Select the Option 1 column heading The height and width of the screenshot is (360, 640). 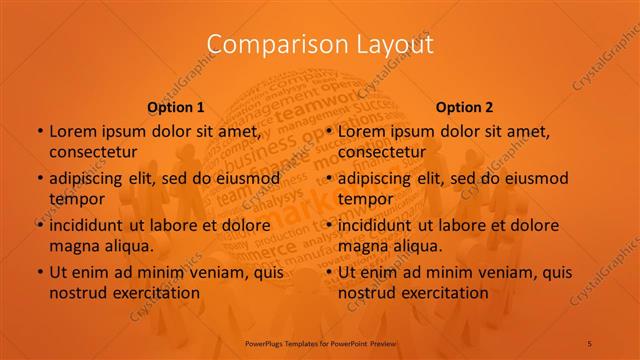click(x=176, y=107)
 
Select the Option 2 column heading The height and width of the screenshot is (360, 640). click(x=465, y=107)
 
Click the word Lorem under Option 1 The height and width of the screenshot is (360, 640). click(x=71, y=131)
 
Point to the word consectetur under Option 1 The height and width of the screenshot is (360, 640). click(x=93, y=152)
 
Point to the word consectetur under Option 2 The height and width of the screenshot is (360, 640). click(x=382, y=152)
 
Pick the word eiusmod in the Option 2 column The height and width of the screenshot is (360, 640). click(x=536, y=178)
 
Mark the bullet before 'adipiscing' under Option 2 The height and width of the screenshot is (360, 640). click(x=329, y=178)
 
